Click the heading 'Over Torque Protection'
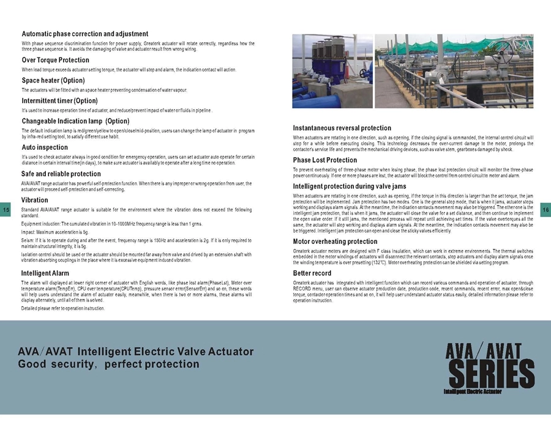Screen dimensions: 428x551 click(x=55, y=60)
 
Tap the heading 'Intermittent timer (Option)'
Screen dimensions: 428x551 click(x=59, y=100)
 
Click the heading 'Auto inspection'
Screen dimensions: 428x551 click(x=45, y=147)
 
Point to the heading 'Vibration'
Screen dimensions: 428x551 click(x=34, y=200)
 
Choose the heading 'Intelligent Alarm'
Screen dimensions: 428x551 click(x=45, y=273)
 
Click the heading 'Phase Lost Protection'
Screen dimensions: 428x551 click(x=325, y=160)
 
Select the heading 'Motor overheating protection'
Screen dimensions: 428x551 click(x=335, y=242)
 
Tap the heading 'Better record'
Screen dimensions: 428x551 click(x=312, y=273)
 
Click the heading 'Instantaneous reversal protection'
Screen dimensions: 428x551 click(x=342, y=128)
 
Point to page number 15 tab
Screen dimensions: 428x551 click(x=6, y=210)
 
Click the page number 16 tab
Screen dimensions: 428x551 click(x=545, y=210)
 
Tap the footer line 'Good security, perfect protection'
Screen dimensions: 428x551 click(x=108, y=364)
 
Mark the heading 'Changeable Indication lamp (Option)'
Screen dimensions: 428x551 click(x=75, y=121)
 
